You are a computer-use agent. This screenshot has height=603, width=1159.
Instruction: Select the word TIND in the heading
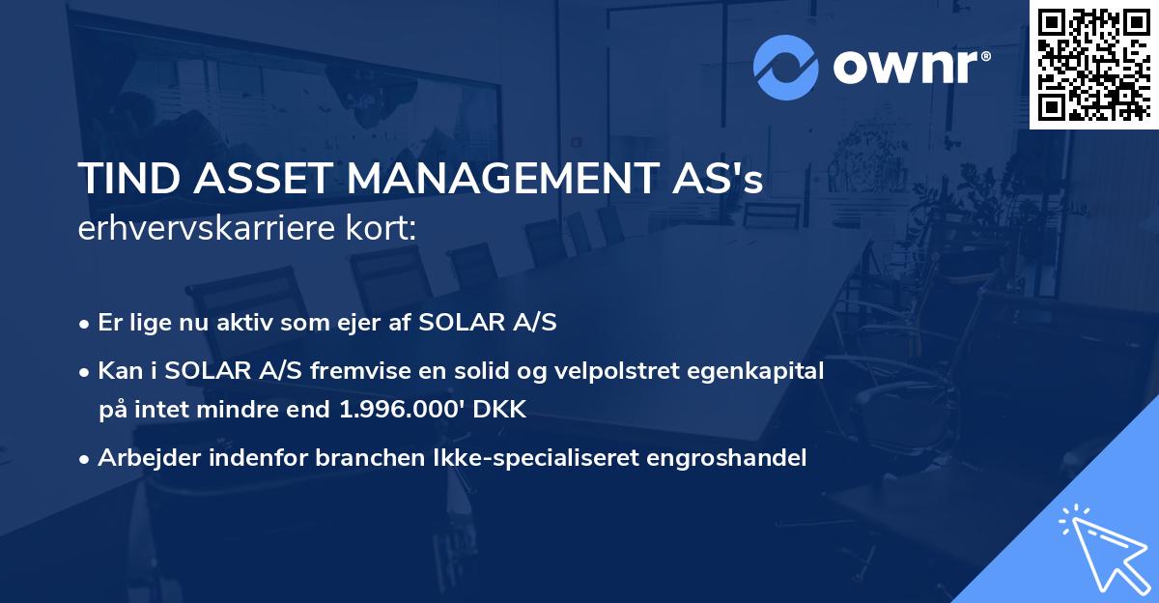123,181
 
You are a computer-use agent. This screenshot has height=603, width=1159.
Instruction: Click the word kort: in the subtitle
383,229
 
